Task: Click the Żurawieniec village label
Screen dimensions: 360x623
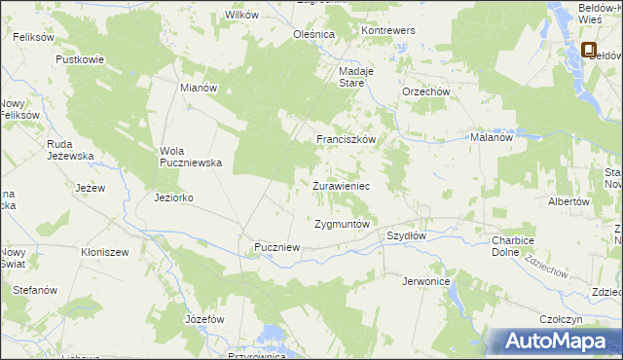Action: [x=341, y=185]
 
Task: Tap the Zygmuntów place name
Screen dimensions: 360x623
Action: [x=343, y=224]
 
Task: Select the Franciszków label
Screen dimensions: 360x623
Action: [x=346, y=139]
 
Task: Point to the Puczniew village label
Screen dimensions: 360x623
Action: [x=276, y=248]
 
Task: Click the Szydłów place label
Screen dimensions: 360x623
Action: [x=407, y=235]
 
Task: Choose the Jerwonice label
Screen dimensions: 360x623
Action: [x=425, y=281]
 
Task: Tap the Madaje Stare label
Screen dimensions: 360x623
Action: [x=350, y=77]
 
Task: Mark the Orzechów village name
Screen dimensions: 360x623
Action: [x=425, y=92]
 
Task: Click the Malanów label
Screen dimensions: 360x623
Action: [x=492, y=138]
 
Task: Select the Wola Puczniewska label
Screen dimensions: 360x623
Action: [x=192, y=156]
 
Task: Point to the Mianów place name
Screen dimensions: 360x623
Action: [x=199, y=87]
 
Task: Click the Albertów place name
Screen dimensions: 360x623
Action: [x=569, y=201]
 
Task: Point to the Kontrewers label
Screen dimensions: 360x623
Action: [x=388, y=31]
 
